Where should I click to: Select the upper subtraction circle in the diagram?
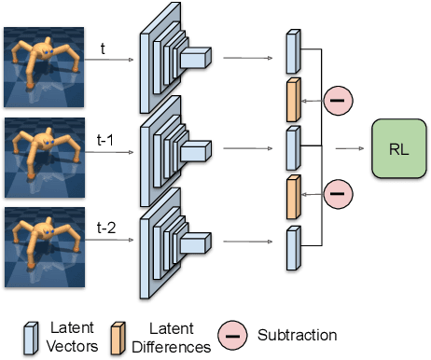point(339,100)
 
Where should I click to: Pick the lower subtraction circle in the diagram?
point(339,195)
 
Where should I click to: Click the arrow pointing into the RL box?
point(351,146)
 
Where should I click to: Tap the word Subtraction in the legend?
point(298,334)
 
